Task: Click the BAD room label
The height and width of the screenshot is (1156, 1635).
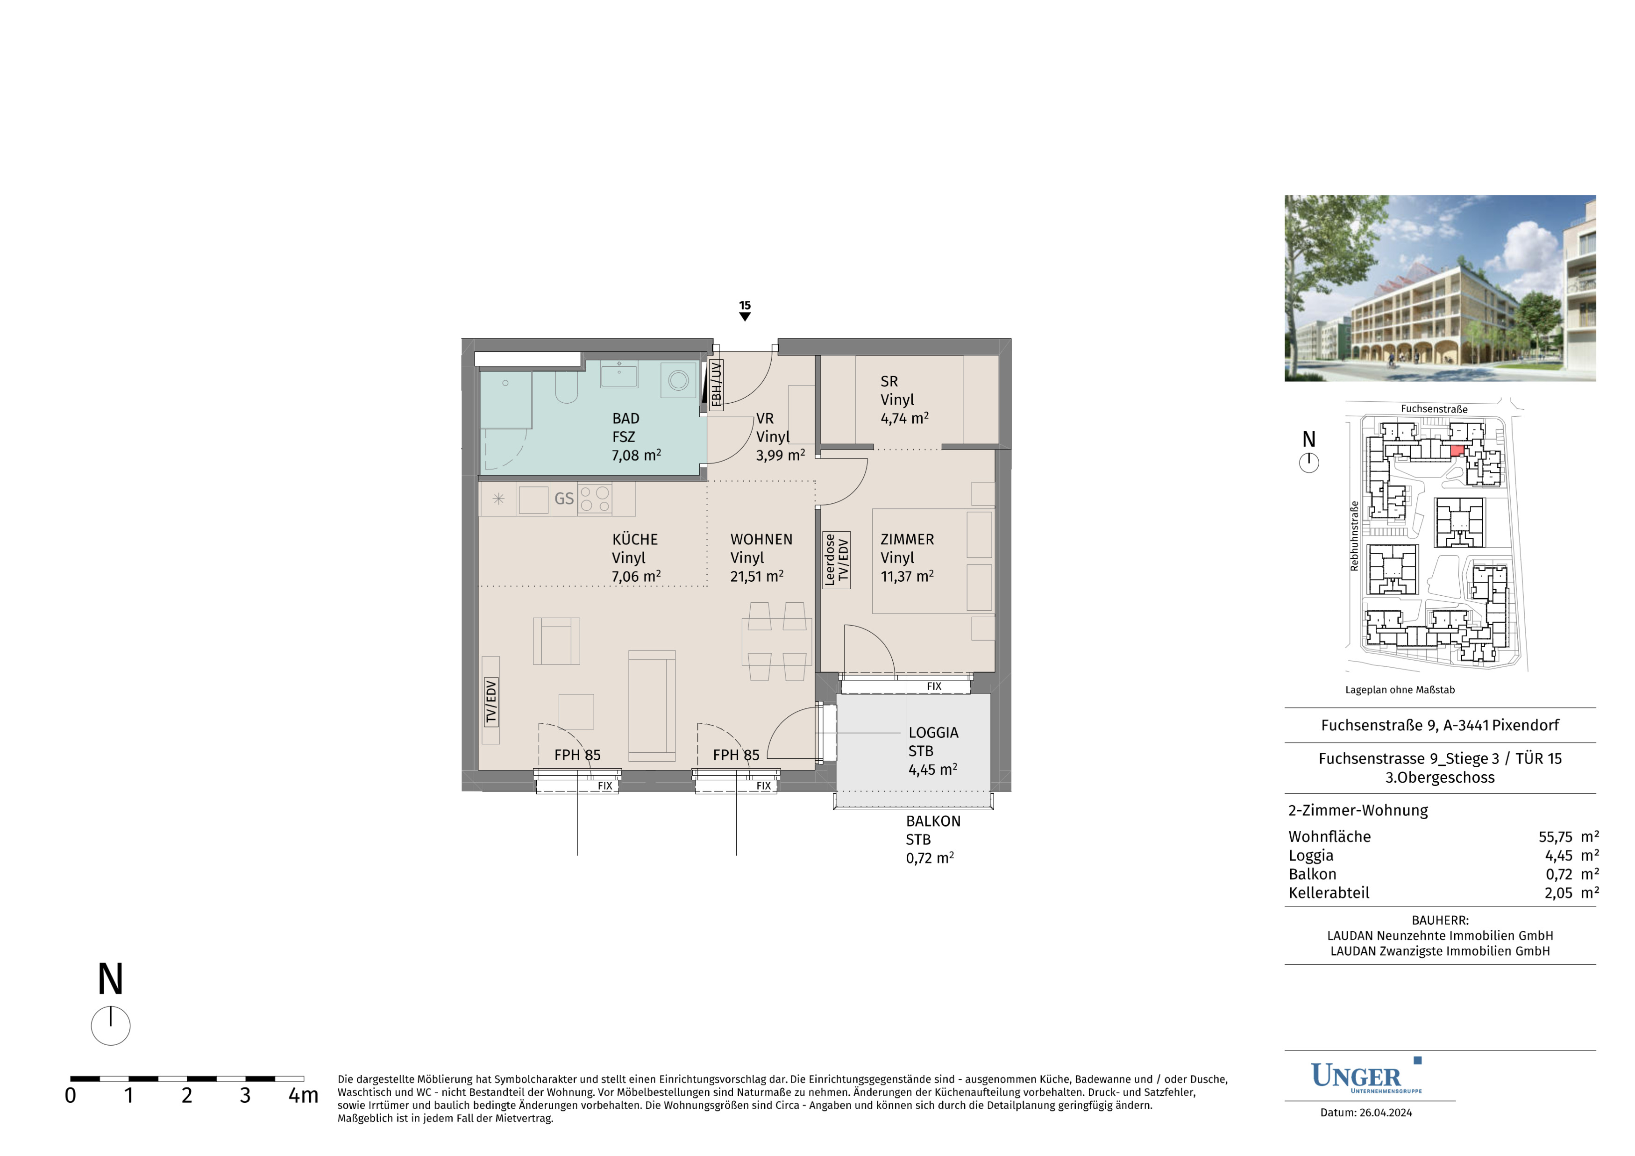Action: [x=625, y=419]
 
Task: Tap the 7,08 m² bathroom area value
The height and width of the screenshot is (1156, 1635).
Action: [x=636, y=455]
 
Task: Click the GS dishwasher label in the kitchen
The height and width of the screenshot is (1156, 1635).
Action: [x=564, y=499]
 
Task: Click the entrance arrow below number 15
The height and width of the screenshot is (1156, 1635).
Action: [x=745, y=317]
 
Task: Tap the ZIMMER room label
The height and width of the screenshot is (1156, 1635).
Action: [x=907, y=540]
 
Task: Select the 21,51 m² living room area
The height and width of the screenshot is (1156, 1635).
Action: [x=756, y=576]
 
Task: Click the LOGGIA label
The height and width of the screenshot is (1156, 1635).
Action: [x=933, y=733]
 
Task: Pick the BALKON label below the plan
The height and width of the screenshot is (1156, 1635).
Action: [x=933, y=821]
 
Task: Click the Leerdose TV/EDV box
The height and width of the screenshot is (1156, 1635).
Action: [x=836, y=560]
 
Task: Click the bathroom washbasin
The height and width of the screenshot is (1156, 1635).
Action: [x=619, y=374]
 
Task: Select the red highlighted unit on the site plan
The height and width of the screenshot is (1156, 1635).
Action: [x=1457, y=450]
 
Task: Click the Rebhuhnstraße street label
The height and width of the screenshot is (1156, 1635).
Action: [x=1354, y=535]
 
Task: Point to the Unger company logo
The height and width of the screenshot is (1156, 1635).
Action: [x=1366, y=1076]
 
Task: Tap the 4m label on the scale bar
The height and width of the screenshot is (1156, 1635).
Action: [x=303, y=1095]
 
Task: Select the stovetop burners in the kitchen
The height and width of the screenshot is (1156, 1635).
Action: [x=595, y=499]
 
